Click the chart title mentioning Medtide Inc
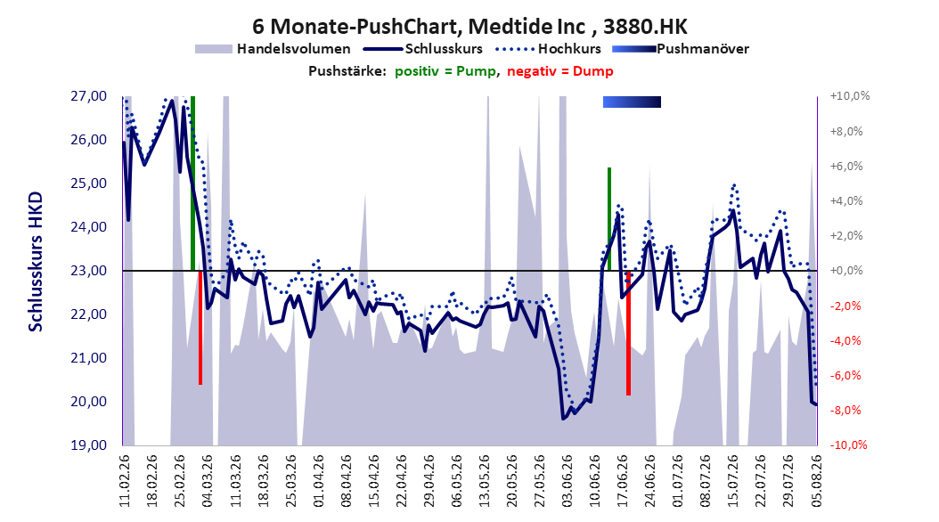coord(469,27)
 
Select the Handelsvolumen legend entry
coord(273,49)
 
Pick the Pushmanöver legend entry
coord(681,49)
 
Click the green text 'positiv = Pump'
coord(445,71)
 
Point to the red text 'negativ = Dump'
coord(560,71)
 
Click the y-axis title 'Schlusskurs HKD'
coord(36,262)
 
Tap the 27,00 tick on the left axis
coord(88,96)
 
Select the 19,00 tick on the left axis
coord(88,445)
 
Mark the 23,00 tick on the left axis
coord(88,271)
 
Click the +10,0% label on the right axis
coord(850,96)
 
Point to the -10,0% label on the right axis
coord(848,445)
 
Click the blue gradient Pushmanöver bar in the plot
coord(632,102)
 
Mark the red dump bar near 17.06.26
coord(628,333)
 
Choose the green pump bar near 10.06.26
coord(609,219)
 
